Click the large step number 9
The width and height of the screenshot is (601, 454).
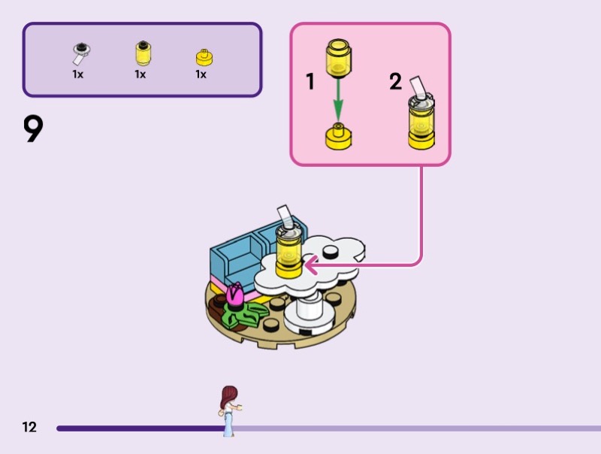click(33, 129)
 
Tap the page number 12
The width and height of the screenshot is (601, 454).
click(29, 427)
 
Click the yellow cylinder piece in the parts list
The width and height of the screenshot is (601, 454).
click(140, 54)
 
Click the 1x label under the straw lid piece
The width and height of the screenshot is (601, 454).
click(78, 74)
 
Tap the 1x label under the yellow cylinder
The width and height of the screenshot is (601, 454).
click(140, 74)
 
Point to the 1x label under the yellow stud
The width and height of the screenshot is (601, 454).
click(201, 74)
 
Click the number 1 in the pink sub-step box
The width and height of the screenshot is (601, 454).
click(310, 82)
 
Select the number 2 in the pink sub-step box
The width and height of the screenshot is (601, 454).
click(395, 82)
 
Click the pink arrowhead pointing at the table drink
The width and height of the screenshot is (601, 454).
click(310, 264)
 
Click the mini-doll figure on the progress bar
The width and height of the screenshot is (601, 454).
click(229, 410)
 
